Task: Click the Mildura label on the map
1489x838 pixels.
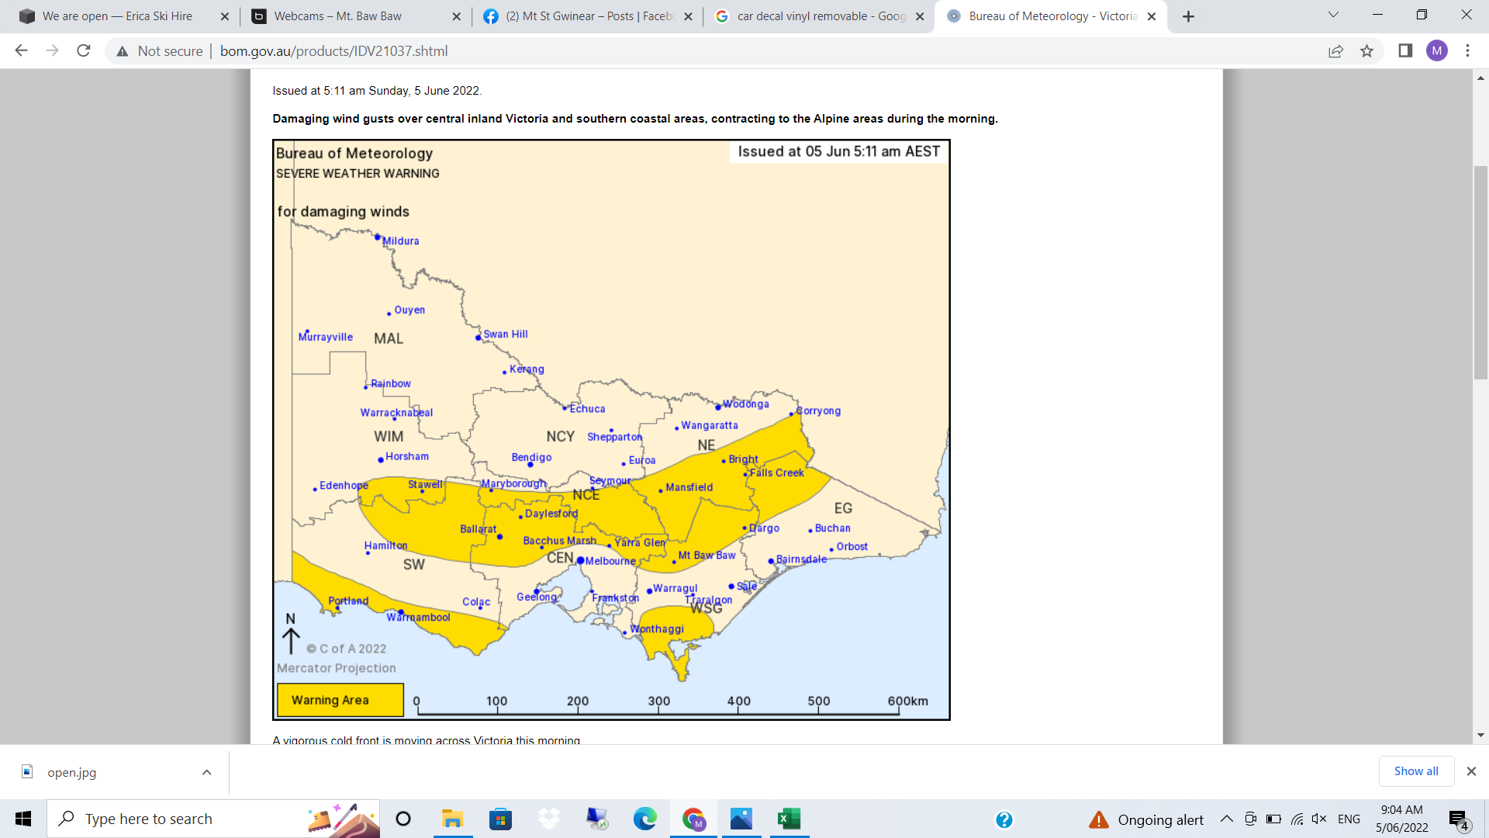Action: click(400, 241)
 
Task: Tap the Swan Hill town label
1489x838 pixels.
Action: click(505, 334)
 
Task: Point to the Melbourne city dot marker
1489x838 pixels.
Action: click(580, 560)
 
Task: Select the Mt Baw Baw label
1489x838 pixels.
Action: click(706, 556)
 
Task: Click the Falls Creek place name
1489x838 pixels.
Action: click(776, 473)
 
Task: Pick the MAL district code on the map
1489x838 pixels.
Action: click(389, 339)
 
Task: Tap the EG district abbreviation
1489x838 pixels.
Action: click(843, 508)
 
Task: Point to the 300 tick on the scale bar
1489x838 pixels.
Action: click(658, 701)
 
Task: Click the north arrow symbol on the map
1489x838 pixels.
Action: click(291, 634)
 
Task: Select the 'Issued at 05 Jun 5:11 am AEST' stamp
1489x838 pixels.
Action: click(838, 151)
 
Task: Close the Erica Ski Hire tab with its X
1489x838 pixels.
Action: click(225, 16)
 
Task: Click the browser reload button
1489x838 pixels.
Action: click(84, 51)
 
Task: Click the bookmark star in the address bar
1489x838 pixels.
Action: click(1366, 51)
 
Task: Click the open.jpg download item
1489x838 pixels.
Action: click(71, 772)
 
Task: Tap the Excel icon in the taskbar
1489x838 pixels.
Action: click(789, 819)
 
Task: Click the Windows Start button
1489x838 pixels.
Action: click(23, 819)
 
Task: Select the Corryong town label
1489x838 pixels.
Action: click(818, 411)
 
